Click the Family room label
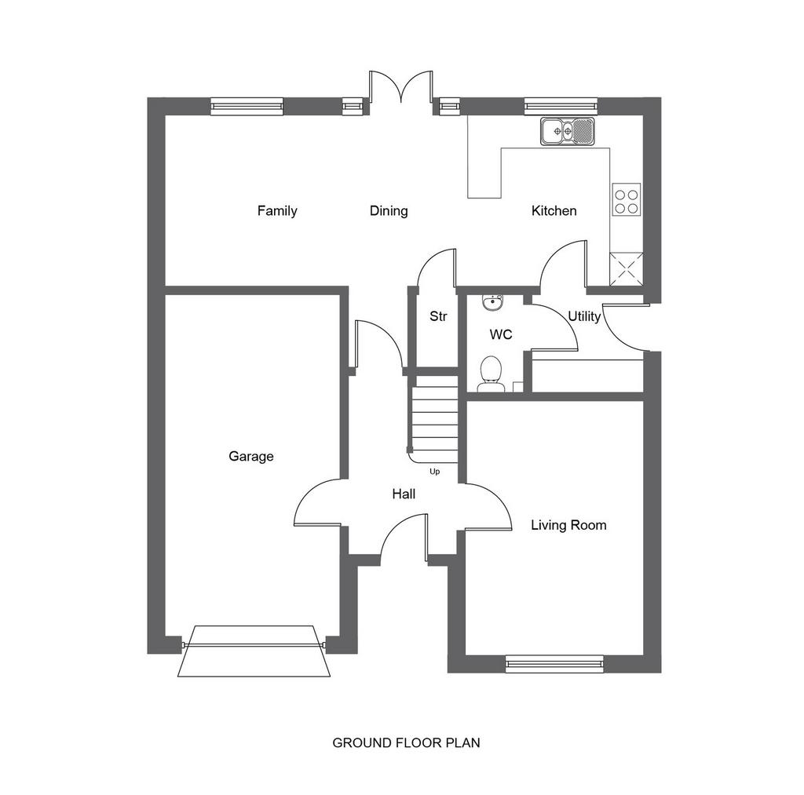click(277, 210)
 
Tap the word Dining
click(389, 210)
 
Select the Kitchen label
click(554, 210)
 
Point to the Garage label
click(250, 456)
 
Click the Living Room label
click(568, 525)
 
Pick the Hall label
click(404, 494)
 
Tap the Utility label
click(584, 317)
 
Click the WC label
click(501, 334)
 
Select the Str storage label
click(438, 316)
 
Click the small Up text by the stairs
click(434, 472)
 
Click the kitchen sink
click(567, 131)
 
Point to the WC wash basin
click(493, 302)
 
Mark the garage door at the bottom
click(254, 651)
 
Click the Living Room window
click(554, 663)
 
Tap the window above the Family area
click(247, 106)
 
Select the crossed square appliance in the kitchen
click(626, 269)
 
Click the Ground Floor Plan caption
click(406, 742)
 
